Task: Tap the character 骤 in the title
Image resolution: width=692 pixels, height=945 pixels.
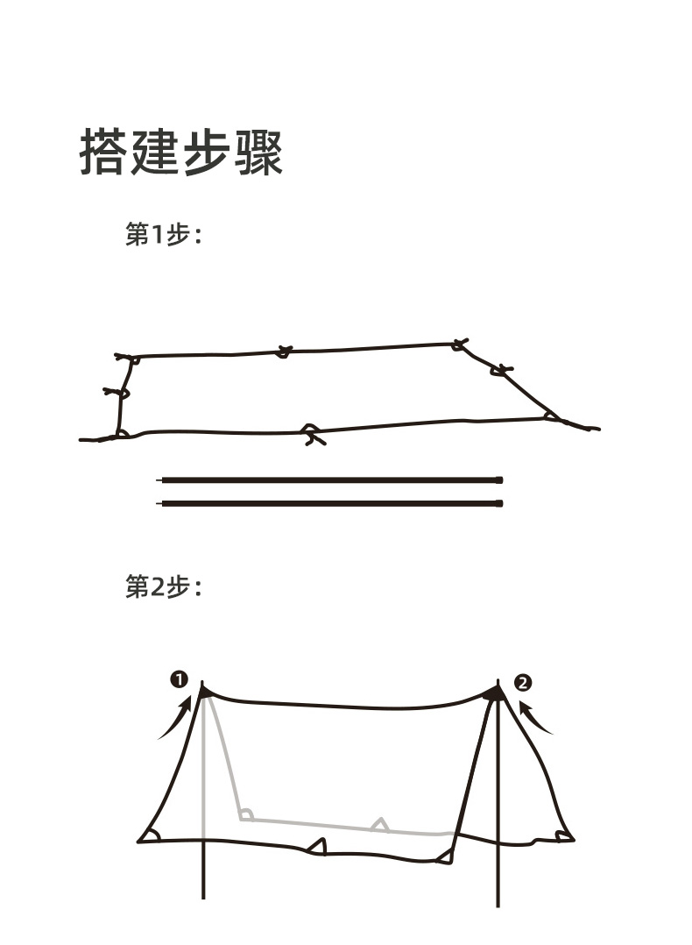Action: [x=258, y=152]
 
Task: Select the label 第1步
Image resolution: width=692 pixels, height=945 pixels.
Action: [x=163, y=235]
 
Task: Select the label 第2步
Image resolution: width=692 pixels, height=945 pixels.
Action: [x=163, y=586]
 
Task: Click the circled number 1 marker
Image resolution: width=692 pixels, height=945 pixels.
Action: [x=179, y=680]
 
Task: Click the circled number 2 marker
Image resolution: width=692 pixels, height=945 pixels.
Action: [x=523, y=682]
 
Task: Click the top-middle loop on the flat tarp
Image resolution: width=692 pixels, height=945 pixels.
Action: [x=284, y=352]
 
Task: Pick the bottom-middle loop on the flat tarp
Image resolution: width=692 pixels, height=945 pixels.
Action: [x=311, y=432]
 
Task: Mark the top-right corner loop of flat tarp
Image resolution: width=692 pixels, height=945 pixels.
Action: [x=458, y=345]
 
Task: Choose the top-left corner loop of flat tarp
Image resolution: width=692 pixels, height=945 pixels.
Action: [x=129, y=359]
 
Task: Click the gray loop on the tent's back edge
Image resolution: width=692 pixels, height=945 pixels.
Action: [x=379, y=824]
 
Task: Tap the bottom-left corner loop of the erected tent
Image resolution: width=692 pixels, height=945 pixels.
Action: [x=151, y=835]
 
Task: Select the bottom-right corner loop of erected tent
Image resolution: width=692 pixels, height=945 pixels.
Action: [x=563, y=835]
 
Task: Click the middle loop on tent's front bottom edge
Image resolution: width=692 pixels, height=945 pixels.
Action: [x=318, y=846]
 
